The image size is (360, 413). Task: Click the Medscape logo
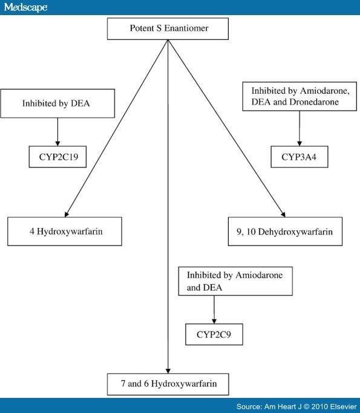tap(25, 7)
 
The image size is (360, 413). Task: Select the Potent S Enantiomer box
tap(168, 28)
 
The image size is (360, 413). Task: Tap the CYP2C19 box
tap(57, 157)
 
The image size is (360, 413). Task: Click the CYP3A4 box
tap(299, 157)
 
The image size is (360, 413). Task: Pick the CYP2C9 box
tap(214, 334)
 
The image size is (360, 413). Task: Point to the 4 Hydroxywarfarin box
tap(65, 232)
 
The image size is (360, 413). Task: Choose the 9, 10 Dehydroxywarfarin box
tap(285, 232)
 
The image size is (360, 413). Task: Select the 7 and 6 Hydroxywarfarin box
tap(168, 384)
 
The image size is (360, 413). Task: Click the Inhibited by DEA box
tap(57, 103)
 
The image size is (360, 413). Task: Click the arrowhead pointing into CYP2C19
tap(57, 143)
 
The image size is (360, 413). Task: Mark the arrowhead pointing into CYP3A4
tap(299, 143)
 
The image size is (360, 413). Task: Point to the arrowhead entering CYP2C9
tap(214, 321)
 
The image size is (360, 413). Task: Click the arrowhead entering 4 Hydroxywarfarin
tap(67, 214)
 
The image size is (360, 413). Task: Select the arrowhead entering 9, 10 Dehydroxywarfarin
tap(283, 215)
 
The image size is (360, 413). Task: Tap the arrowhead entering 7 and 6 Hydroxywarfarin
tap(168, 371)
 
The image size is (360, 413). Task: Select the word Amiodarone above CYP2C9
tap(259, 275)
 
